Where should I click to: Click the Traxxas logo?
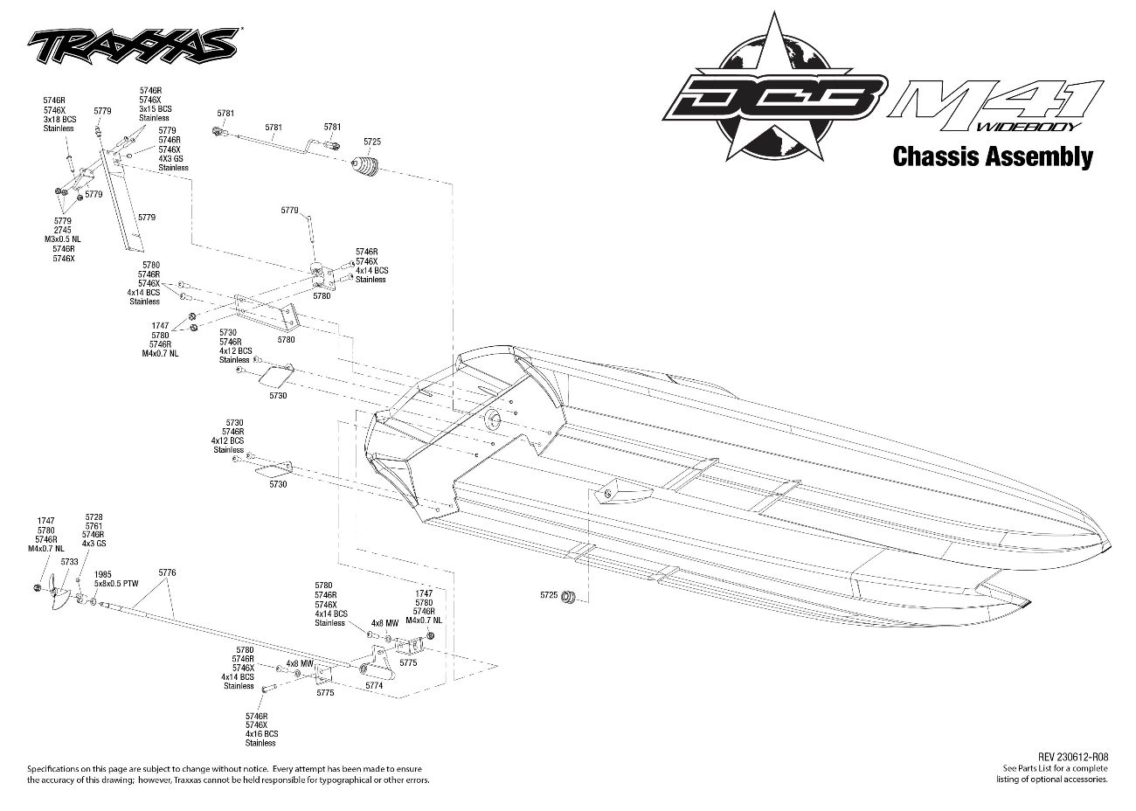pyautogui.click(x=133, y=45)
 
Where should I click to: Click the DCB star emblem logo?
pyautogui.click(x=774, y=90)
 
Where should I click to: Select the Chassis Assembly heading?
pyautogui.click(x=993, y=156)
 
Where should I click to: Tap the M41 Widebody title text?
pyautogui.click(x=995, y=106)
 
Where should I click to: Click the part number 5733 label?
pyautogui.click(x=70, y=561)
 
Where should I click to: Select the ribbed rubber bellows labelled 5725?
pyautogui.click(x=365, y=167)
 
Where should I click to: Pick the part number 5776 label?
pyautogui.click(x=167, y=572)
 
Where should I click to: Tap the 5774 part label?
pyautogui.click(x=374, y=685)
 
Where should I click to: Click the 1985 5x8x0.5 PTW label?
pyautogui.click(x=115, y=579)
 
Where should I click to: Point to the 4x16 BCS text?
pyautogui.click(x=261, y=733)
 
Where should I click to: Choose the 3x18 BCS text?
pyautogui.click(x=59, y=119)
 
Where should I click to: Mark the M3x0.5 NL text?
pyautogui.click(x=62, y=239)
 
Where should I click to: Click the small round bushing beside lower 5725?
pyautogui.click(x=568, y=596)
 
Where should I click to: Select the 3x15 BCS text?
pyautogui.click(x=156, y=108)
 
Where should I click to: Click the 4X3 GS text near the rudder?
pyautogui.click(x=171, y=158)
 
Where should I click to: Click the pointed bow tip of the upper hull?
pyautogui.click(x=1110, y=544)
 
